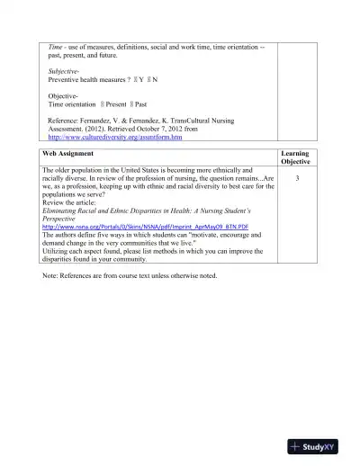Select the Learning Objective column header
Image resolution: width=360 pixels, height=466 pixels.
295,157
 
